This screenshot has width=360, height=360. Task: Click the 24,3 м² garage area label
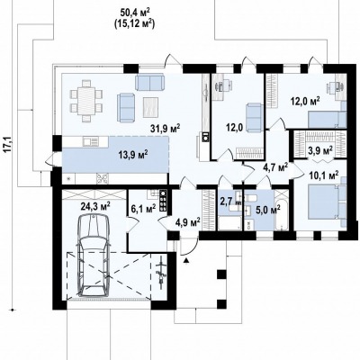coord(95,206)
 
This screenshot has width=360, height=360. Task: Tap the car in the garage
coord(94,256)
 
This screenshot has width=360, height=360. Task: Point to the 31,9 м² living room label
coord(166,129)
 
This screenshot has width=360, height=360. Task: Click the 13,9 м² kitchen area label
coord(132,155)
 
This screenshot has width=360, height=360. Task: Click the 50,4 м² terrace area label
coord(135,13)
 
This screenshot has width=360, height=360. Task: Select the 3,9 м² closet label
coord(319,149)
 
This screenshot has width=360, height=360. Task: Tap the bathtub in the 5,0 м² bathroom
coord(281,210)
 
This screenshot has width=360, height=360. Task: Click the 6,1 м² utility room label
coord(143,208)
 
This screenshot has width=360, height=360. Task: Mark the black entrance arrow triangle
coord(186,260)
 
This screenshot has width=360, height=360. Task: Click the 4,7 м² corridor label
coord(275,167)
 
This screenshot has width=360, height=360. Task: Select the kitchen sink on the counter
coord(89,141)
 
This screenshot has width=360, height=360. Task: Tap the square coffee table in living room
coord(151,107)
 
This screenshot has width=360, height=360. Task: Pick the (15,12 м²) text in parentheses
coord(134,23)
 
